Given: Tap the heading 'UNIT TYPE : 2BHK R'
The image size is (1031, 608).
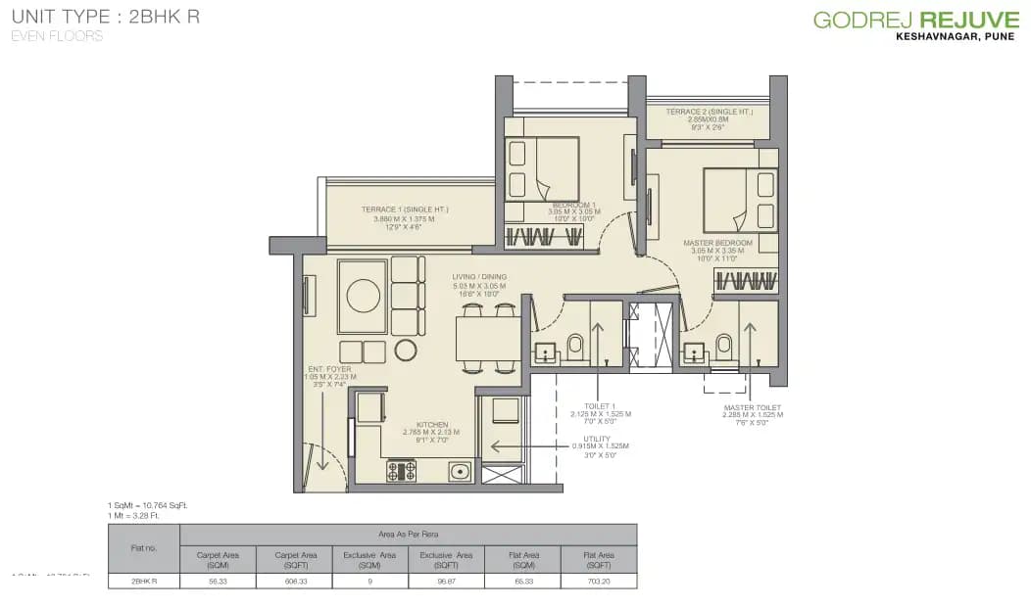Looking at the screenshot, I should point(106,18).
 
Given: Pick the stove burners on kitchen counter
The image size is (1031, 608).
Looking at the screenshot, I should point(402,471).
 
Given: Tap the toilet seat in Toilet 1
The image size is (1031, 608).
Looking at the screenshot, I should point(575,346).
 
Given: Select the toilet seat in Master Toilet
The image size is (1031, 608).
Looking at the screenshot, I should point(724,346).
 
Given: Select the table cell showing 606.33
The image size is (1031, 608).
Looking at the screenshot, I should point(294,581).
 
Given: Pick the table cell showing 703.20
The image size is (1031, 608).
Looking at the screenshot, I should point(599,581).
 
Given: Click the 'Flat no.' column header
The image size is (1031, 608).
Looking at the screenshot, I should point(143,547).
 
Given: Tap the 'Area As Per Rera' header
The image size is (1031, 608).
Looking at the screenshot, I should point(408,534).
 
